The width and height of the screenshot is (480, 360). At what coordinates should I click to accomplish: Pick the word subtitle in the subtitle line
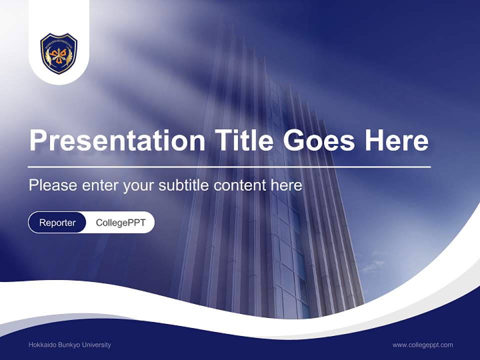[184, 185]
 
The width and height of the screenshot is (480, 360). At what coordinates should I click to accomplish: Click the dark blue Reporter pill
[57, 222]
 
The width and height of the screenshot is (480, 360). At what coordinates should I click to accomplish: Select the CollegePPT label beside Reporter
[120, 222]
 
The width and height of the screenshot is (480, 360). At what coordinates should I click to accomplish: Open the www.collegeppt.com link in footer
[422, 345]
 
